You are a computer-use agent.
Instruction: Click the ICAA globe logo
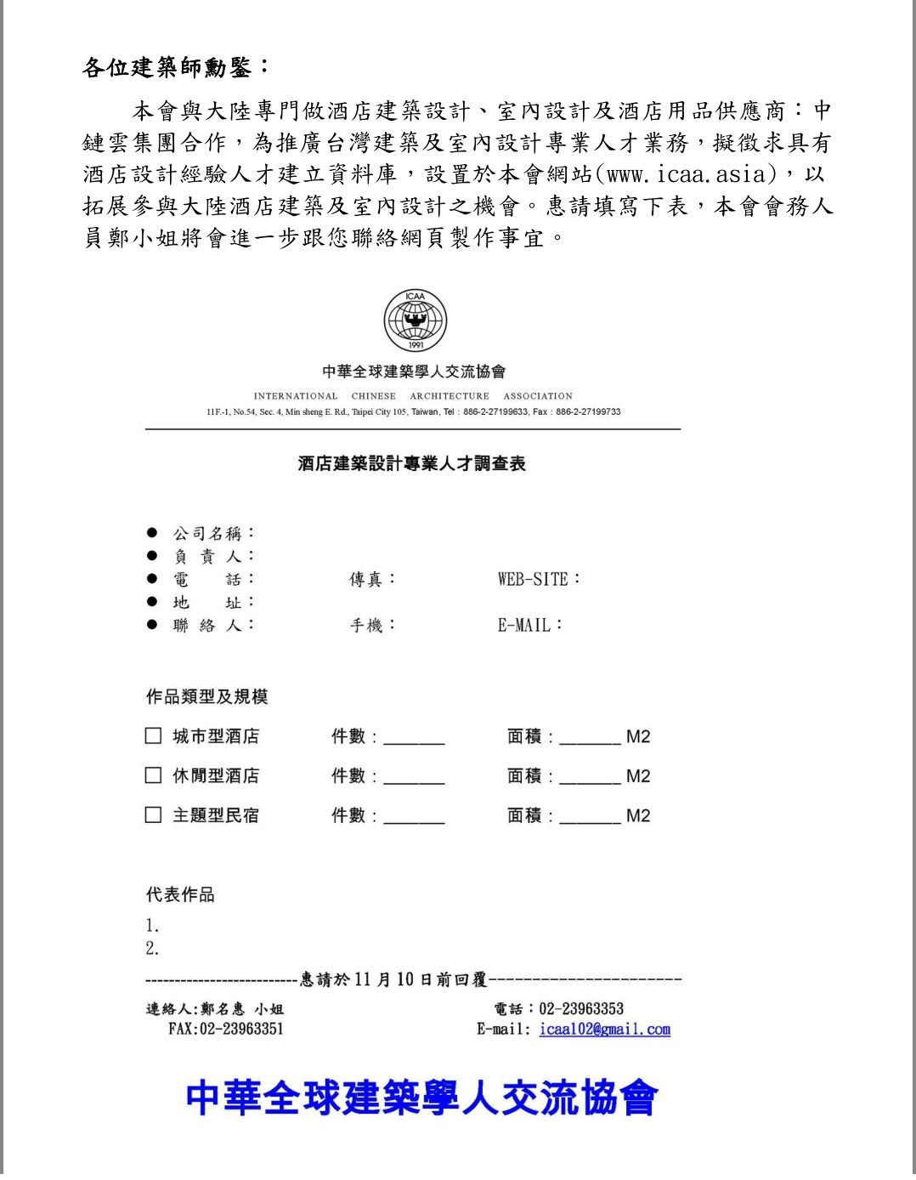415,321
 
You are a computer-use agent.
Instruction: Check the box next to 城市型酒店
153,735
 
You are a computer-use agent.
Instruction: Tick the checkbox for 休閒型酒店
153,774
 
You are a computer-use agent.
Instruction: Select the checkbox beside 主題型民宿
153,814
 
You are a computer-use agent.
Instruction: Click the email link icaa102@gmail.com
604,1029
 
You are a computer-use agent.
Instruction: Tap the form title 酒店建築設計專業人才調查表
412,463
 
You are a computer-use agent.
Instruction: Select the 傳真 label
371,579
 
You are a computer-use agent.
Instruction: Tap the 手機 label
371,625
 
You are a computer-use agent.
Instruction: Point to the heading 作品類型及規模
206,696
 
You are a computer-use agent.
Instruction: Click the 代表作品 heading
180,894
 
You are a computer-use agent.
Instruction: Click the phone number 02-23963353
581,1008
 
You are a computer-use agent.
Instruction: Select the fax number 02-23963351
241,1029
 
